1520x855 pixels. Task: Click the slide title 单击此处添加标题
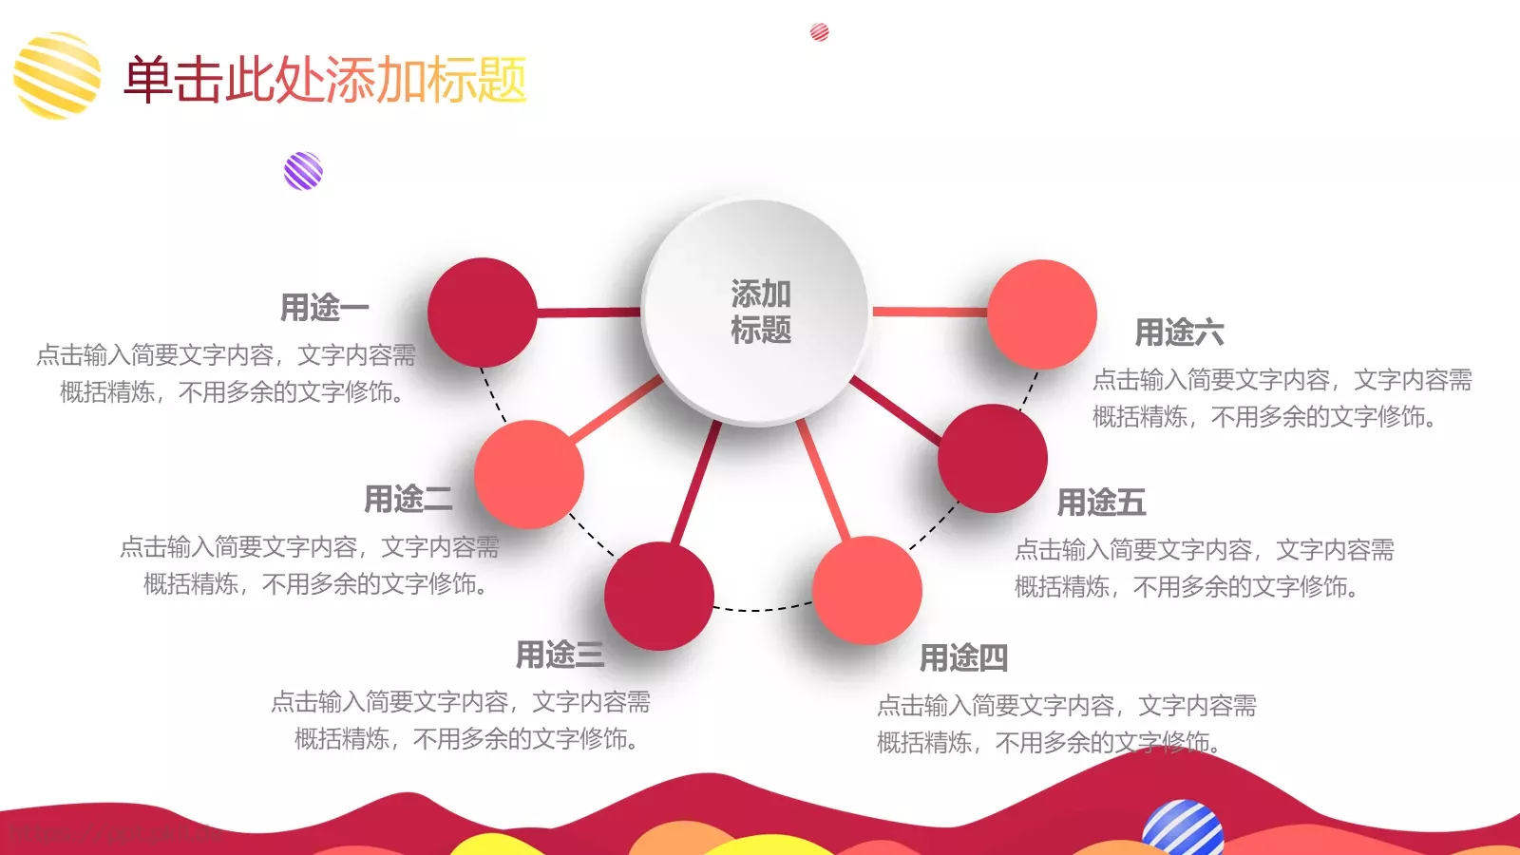coord(325,80)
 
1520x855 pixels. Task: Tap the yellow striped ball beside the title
coord(57,76)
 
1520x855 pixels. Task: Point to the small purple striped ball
coord(303,171)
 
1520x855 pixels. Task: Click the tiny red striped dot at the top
coord(819,32)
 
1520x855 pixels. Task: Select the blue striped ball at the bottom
coord(1183,829)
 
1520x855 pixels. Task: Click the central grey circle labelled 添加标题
coord(757,312)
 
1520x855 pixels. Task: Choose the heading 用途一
coord(324,308)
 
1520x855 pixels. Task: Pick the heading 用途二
coord(408,499)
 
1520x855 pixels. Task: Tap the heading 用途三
coord(560,655)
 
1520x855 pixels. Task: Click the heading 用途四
coord(963,657)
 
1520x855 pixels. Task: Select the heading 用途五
coord(1101,503)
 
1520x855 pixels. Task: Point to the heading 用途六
coord(1179,332)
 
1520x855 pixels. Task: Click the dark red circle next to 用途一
coord(483,313)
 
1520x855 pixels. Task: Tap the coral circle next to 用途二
coord(528,474)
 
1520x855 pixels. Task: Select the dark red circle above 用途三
coord(659,596)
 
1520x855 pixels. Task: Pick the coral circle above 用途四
coord(866,590)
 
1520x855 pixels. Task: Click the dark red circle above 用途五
coord(993,459)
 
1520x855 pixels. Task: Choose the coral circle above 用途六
coord(1042,314)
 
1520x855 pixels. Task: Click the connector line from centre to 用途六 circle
coord(929,312)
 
